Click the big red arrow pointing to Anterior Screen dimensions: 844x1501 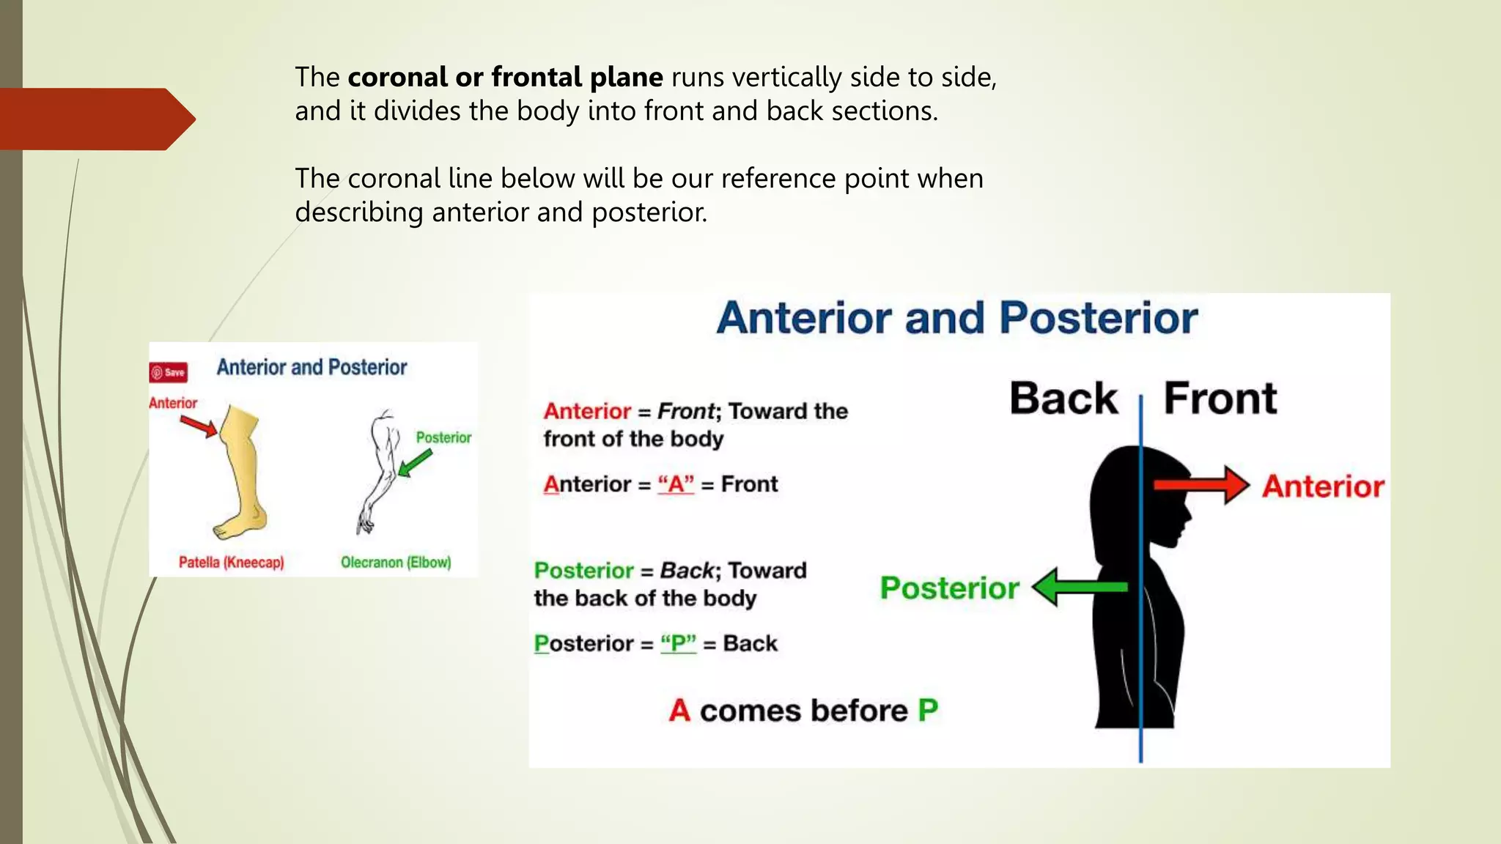pyautogui.click(x=1202, y=485)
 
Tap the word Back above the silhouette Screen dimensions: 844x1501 pyautogui.click(x=1063, y=399)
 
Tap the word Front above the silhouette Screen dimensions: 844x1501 pyautogui.click(x=1220, y=399)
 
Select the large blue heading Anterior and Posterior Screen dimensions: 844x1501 pyautogui.click(x=956, y=318)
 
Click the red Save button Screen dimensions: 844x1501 pyautogui.click(x=169, y=372)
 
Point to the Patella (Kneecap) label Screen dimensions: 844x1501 pyautogui.click(x=231, y=563)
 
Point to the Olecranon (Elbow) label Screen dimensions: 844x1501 pyautogui.click(x=396, y=563)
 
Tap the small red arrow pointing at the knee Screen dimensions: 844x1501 pyautogui.click(x=199, y=426)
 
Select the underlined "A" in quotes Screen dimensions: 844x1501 pyautogui.click(x=676, y=484)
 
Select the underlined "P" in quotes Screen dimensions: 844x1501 pyautogui.click(x=678, y=643)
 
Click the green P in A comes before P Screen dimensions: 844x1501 pyautogui.click(x=928, y=710)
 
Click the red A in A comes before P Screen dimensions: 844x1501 pyautogui.click(x=679, y=710)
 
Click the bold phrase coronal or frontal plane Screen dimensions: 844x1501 pyautogui.click(x=505, y=77)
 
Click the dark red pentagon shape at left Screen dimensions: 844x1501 pyautogui.click(x=95, y=119)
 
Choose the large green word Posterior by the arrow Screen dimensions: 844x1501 pyautogui.click(x=949, y=588)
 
